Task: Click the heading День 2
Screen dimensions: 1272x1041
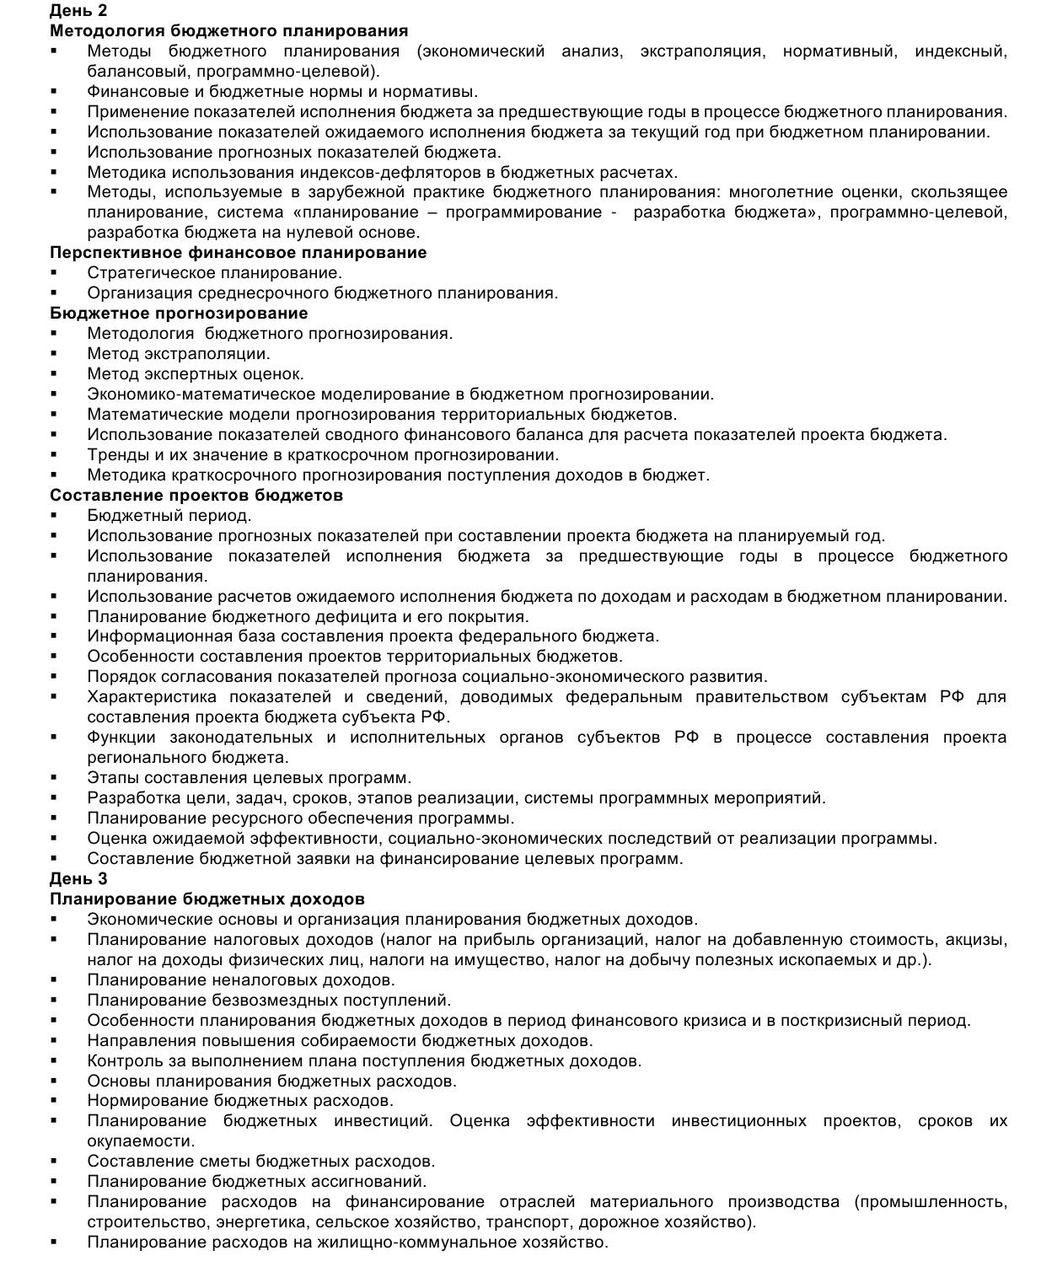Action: click(x=78, y=11)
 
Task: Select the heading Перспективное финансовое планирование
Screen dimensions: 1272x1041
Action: click(x=238, y=253)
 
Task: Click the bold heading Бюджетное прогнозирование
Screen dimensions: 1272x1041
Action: click(x=179, y=314)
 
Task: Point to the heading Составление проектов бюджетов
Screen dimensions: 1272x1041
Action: click(x=196, y=496)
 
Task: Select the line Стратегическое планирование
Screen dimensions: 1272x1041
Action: click(x=214, y=273)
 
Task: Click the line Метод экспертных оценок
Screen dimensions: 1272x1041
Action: click(x=196, y=374)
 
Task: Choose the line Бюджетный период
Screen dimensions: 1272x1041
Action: click(x=169, y=516)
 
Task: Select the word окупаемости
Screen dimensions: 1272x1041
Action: click(x=140, y=1142)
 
